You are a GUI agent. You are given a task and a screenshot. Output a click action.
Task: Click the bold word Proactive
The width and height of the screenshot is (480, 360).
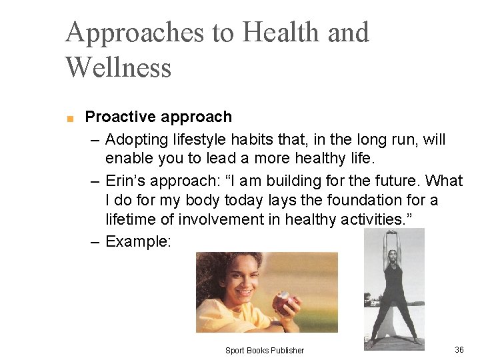coord(117,117)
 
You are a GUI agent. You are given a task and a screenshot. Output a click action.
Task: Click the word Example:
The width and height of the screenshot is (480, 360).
coord(138,241)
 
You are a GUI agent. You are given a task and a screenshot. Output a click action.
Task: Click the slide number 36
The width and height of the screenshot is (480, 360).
coord(459,350)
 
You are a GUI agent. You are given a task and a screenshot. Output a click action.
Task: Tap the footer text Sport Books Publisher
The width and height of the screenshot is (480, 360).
coord(264,351)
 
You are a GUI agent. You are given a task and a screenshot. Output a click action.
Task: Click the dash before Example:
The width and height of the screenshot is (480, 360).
coord(95,241)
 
